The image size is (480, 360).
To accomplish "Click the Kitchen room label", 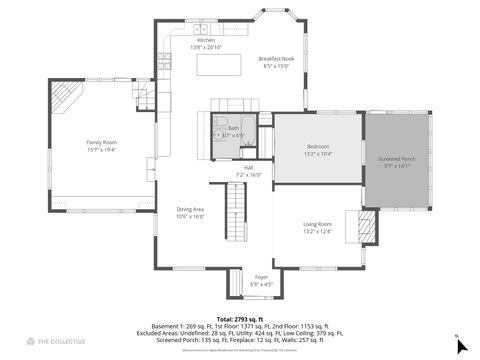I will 205,40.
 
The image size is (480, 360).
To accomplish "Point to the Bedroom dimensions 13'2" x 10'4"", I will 318,155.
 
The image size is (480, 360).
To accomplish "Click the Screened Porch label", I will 396,158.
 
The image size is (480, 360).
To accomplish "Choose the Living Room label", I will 318,225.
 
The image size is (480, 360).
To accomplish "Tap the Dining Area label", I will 190,208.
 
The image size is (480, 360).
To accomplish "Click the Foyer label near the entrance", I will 261,276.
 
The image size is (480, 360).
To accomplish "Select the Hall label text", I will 247,167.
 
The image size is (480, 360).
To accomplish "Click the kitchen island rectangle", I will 220,65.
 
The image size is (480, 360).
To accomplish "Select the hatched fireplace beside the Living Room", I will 367,222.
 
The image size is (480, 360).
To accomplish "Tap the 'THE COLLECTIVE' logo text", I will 59,342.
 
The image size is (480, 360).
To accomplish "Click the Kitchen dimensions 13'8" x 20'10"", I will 205,47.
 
